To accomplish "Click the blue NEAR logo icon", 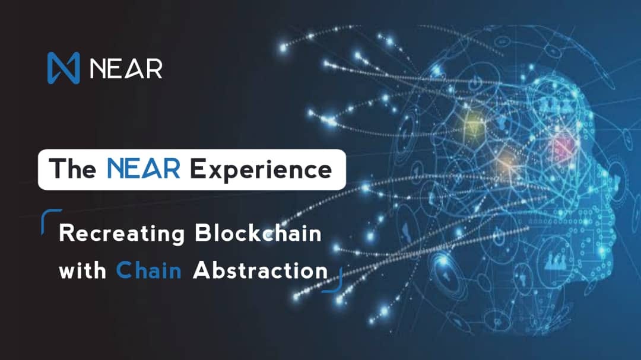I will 63,68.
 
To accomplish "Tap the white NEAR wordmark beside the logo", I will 126,68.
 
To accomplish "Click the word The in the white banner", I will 72,169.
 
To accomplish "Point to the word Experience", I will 261,170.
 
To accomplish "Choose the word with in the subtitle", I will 82,270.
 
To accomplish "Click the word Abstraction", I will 260,270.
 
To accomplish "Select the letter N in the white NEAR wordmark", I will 98,68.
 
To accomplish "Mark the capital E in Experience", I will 199,170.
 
